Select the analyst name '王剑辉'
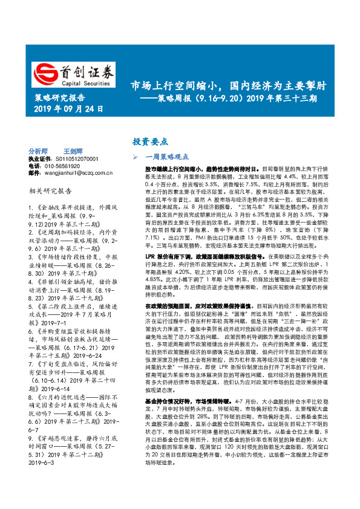pyautogui.click(x=73, y=151)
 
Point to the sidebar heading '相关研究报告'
pyautogui.click(x=50, y=191)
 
